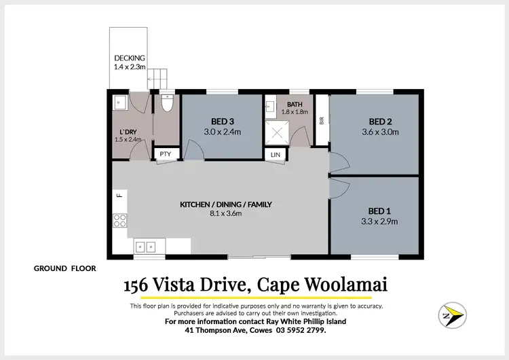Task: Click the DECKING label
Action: pos(129,58)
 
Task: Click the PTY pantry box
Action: pos(166,154)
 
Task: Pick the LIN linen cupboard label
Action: pos(275,155)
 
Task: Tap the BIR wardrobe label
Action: pos(322,120)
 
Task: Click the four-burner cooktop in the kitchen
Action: pos(119,219)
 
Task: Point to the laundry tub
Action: pos(119,104)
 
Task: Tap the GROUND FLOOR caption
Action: pos(65,268)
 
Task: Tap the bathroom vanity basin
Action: pos(269,106)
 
